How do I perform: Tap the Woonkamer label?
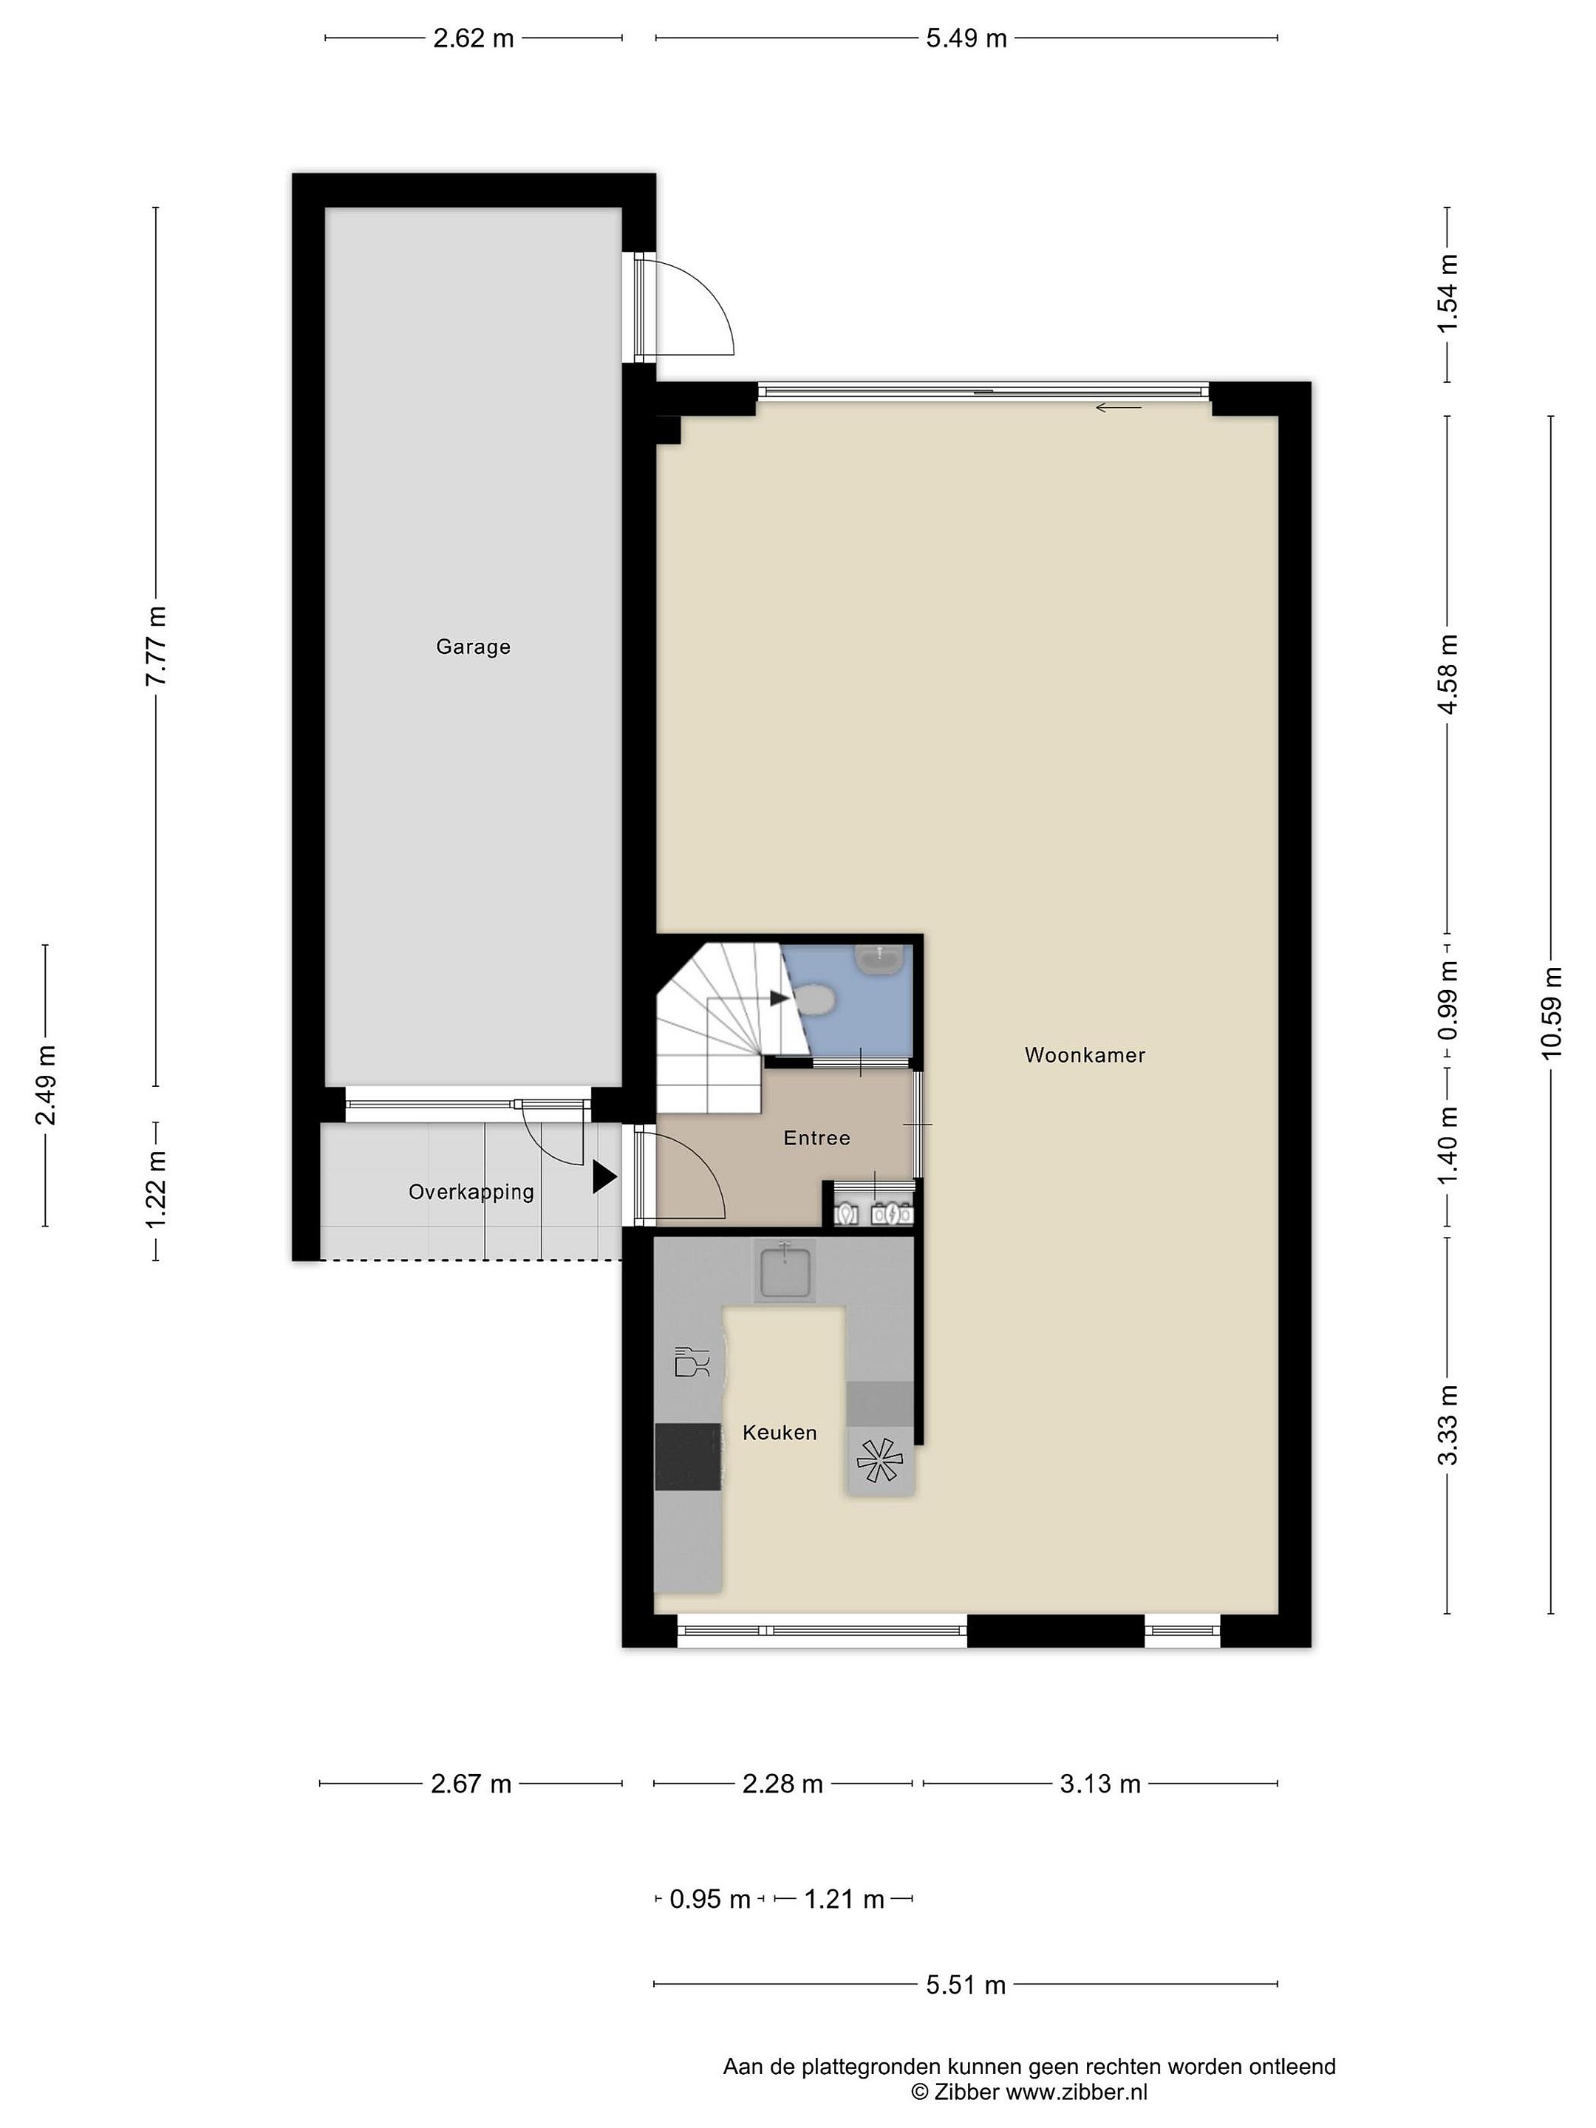(1084, 1054)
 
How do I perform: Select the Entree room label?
(816, 1137)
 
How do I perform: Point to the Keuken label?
(780, 1433)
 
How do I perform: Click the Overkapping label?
(471, 1192)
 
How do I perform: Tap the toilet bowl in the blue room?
(816, 1000)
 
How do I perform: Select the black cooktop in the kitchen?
(687, 1456)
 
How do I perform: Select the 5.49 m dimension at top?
(966, 38)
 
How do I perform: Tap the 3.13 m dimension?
(1099, 1784)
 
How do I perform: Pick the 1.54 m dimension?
(1447, 293)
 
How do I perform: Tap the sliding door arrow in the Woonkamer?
(1118, 407)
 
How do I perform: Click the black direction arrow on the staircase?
(780, 998)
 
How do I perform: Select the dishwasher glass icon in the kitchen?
(692, 1361)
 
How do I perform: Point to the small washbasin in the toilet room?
(879, 957)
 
